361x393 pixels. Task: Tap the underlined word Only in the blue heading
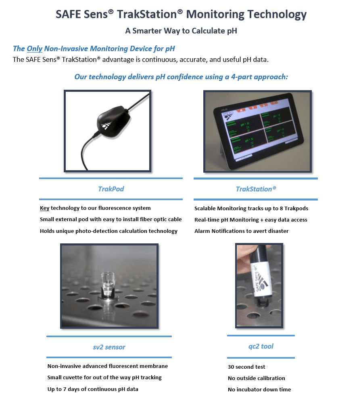(x=34, y=49)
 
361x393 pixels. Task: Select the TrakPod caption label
(x=111, y=188)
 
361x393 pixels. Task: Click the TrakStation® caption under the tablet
(x=256, y=189)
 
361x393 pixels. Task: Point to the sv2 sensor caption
(x=109, y=347)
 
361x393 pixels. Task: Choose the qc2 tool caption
(x=261, y=347)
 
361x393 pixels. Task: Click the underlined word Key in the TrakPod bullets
(x=44, y=208)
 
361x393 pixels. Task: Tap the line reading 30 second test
(x=246, y=367)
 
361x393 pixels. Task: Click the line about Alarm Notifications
(x=241, y=231)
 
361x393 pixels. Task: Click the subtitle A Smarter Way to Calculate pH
(x=181, y=31)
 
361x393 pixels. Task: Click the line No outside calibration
(x=256, y=378)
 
